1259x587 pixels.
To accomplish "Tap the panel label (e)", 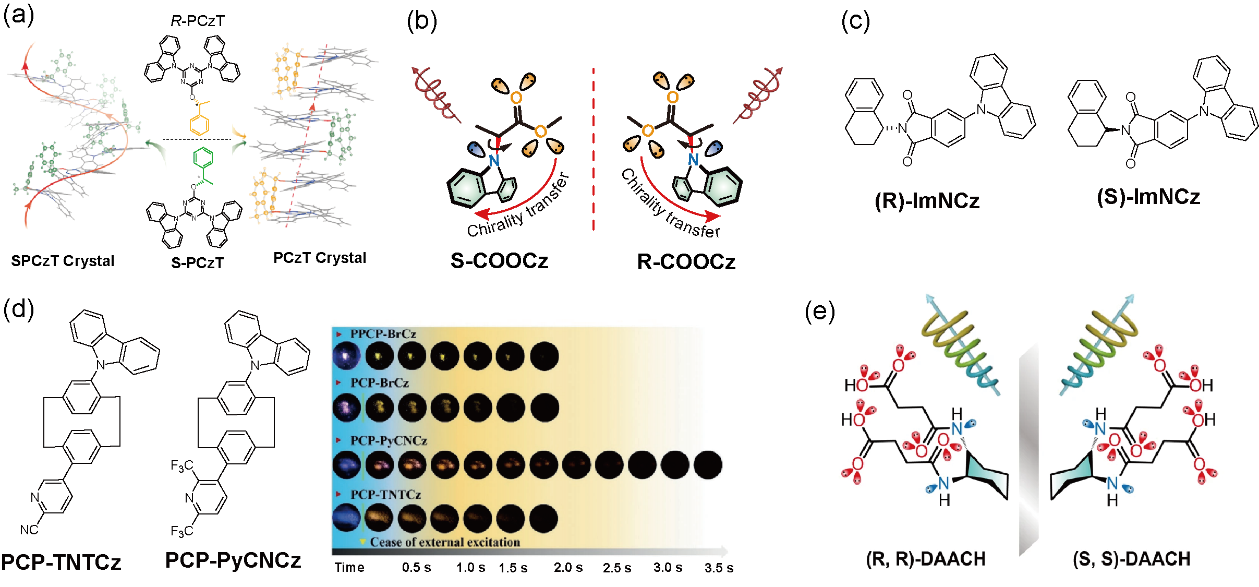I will point(819,312).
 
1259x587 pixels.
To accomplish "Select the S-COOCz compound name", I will point(499,260).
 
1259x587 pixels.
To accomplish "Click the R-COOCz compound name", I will point(686,261).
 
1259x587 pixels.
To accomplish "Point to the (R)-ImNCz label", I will point(927,201).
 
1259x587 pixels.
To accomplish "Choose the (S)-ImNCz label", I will point(1148,197).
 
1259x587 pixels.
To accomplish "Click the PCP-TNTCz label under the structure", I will point(61,562).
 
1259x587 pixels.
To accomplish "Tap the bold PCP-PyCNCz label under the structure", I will point(233,560).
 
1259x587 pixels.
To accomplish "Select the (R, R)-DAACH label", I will point(926,559).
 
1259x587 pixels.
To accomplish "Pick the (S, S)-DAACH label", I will point(1131,559).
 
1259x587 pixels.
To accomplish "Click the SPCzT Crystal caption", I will point(63,260).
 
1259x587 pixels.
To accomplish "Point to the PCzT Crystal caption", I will point(320,258).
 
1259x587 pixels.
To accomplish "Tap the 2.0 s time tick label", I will point(568,567).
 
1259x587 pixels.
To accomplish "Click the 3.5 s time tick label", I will point(719,568).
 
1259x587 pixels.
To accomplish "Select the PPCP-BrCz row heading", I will point(383,334).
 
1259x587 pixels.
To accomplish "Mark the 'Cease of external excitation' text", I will point(445,542).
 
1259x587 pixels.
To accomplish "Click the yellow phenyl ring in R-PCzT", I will point(199,125).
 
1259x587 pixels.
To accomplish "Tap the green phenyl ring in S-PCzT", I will point(203,158).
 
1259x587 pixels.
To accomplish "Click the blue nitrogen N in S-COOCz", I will point(494,160).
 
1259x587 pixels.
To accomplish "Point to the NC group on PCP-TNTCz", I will point(29,530).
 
